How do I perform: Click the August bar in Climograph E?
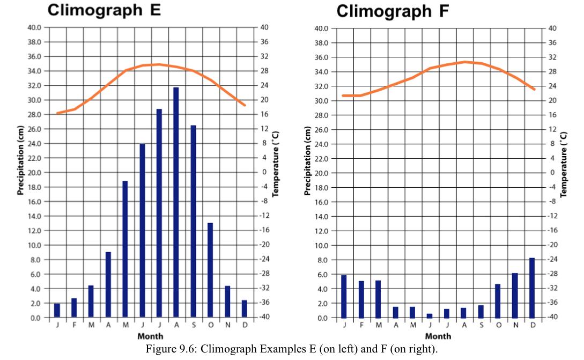coord(176,202)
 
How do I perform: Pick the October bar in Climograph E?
coord(210,270)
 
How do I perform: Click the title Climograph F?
coord(393,10)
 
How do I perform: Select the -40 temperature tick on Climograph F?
coord(553,317)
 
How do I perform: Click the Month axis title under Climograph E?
coord(151,336)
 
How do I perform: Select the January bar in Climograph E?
coord(57,310)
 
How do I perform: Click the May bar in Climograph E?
coord(125,249)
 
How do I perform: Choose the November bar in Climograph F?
coord(515,296)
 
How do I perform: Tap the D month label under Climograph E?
coord(245,325)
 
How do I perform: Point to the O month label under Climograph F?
coord(498,325)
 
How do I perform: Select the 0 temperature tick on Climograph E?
coord(264,172)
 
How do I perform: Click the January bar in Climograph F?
coord(344,296)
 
